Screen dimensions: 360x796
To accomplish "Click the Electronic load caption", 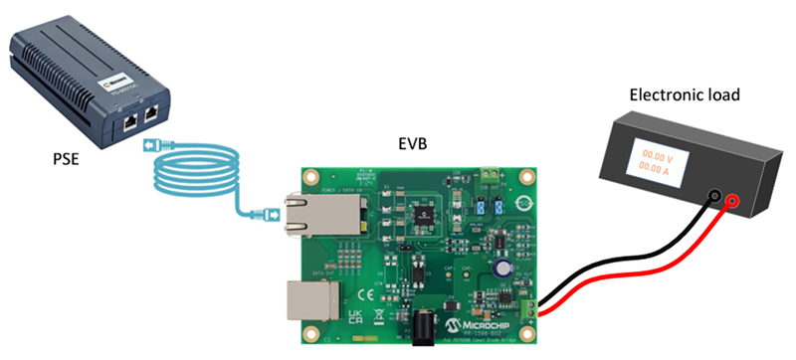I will (676, 95).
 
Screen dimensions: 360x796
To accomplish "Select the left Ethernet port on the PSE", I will (130, 120).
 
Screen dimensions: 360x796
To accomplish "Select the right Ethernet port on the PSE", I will (150, 115).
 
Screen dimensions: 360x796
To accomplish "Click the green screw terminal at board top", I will (490, 177).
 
